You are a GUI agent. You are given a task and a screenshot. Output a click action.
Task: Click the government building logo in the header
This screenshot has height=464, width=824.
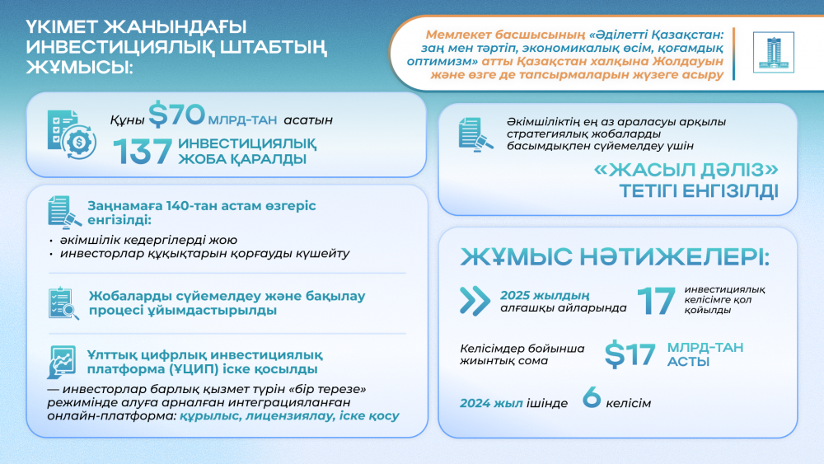[774, 51]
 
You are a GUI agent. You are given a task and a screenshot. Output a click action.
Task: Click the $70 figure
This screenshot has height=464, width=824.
[170, 115]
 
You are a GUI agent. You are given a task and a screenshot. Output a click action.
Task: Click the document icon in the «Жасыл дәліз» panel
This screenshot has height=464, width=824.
[475, 134]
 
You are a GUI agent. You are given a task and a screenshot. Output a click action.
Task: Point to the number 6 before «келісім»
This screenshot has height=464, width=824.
[591, 397]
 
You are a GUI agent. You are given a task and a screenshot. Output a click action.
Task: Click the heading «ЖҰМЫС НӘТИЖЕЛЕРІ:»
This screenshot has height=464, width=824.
[614, 256]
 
